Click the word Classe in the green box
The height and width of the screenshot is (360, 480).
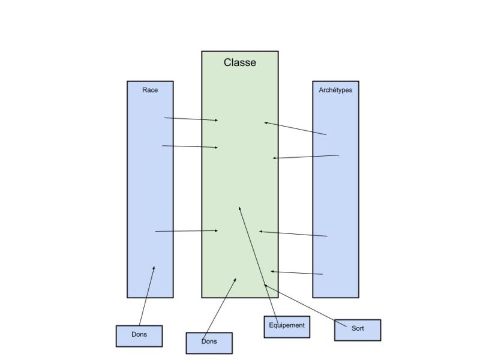[x=239, y=62]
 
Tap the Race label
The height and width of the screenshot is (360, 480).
[x=150, y=90]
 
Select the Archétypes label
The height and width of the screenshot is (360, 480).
[x=335, y=90]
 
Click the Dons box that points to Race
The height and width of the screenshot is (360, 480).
[x=139, y=336]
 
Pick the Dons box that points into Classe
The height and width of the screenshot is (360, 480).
[x=209, y=343]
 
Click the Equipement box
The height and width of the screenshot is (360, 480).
[x=287, y=327]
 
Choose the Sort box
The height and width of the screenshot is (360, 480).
[x=358, y=330]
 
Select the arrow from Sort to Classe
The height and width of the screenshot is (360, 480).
[x=305, y=305]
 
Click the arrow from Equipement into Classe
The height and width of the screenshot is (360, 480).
[x=259, y=265]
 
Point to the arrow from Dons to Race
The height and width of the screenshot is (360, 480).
[x=147, y=296]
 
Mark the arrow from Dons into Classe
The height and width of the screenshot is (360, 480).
[x=219, y=308]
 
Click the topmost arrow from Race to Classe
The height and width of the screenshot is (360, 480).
[x=191, y=119]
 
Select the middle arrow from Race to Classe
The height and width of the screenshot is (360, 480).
[x=190, y=146]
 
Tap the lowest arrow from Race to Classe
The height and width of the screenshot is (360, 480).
[x=187, y=231]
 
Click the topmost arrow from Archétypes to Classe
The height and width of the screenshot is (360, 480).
[x=295, y=128]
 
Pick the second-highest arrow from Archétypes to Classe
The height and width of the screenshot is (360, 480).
[x=306, y=157]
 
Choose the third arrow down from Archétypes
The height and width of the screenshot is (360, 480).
[x=293, y=233]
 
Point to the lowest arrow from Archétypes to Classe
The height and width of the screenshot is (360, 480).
[x=296, y=273]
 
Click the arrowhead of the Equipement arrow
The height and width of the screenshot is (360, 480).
[x=239, y=209]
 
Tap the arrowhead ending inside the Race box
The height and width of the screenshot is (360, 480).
[x=154, y=268]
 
